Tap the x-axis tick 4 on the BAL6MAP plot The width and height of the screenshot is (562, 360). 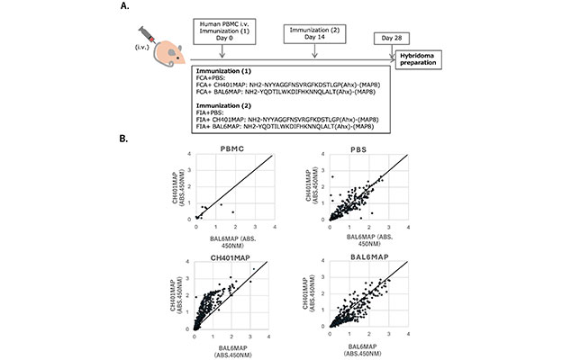pos(408,332)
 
